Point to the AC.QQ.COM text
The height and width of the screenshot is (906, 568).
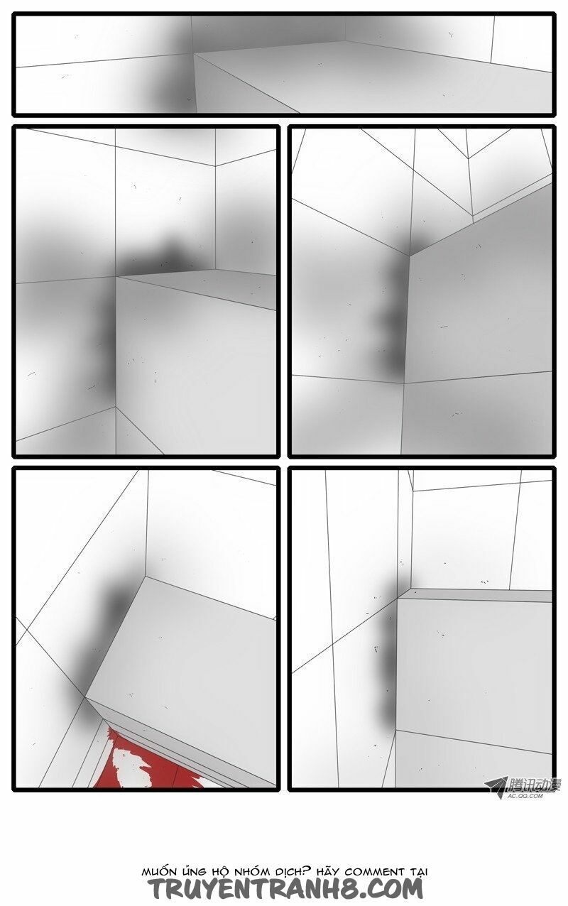click(525, 797)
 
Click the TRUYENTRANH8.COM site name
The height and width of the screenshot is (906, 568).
click(285, 888)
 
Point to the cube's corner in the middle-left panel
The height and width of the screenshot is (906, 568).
click(116, 277)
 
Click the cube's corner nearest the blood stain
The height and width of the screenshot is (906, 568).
click(85, 697)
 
